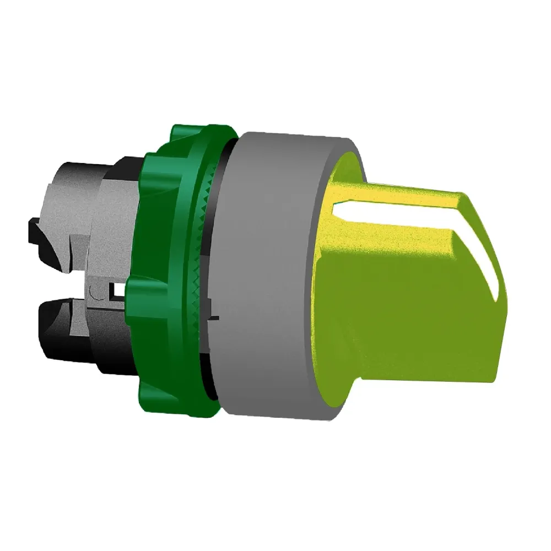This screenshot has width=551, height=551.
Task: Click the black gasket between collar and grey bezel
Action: (x=223, y=165)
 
